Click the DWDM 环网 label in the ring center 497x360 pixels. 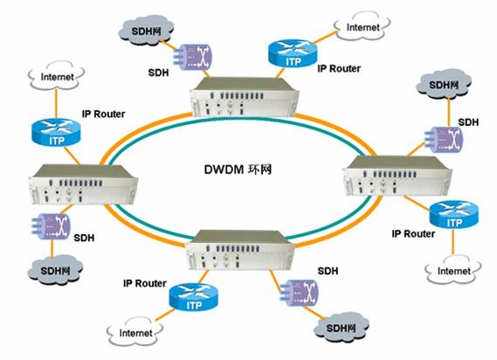coord(238,170)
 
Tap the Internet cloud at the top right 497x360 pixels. coord(362,26)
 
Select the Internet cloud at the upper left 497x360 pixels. coord(57,76)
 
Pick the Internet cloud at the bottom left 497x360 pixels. coord(135,332)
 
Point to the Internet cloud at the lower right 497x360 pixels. coord(453,270)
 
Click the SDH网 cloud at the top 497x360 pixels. coord(146,30)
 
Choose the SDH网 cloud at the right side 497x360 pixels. coord(444,84)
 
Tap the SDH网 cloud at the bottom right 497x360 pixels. coord(341,328)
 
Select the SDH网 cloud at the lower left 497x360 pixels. coord(55,270)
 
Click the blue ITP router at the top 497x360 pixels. coord(293,53)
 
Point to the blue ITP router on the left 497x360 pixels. coord(56,132)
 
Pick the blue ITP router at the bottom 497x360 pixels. coord(194,297)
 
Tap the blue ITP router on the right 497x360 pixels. coord(454,214)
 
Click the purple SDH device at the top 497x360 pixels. coord(192,57)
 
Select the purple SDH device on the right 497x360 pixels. coord(444,140)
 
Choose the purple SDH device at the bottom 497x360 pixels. coord(299,293)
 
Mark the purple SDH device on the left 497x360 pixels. coord(51,226)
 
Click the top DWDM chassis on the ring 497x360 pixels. coord(244,97)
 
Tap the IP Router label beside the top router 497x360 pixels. coord(339,68)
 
